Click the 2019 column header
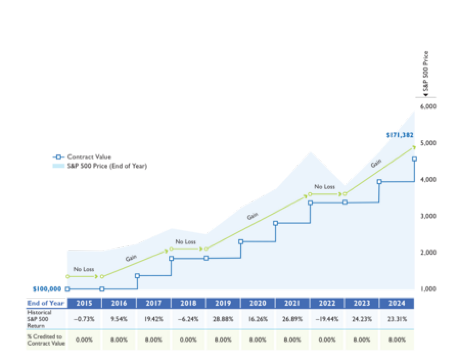pos(223,303)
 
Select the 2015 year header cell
pos(84,303)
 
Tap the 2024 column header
pos(397,303)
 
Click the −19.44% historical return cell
pos(327,319)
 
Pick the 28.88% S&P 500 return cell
pos(223,319)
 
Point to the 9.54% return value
pos(119,319)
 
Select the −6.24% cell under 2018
pos(188,319)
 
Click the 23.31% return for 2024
pos(397,319)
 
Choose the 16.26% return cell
pos(258,319)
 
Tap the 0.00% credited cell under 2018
pos(188,340)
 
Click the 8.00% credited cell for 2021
pos(292,340)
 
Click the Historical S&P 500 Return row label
pos(39,319)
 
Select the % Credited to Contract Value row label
pos(46,340)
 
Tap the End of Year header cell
pos(46,303)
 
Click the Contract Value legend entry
pos(89,157)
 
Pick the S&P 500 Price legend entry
pos(106,166)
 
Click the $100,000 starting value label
pos(47,289)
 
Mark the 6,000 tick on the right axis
pos(428,107)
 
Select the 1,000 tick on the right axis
pos(428,289)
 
